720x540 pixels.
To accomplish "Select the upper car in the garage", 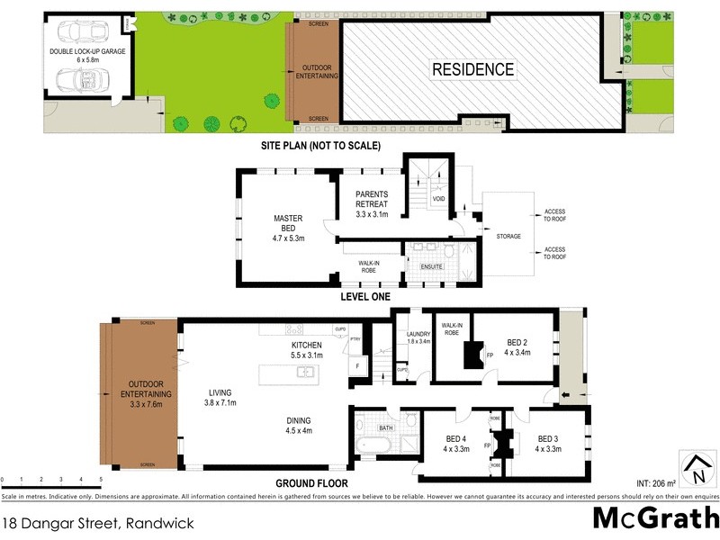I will point(83,31).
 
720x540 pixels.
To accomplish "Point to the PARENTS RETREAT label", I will point(372,204).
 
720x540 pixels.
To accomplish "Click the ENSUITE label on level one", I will point(420,266).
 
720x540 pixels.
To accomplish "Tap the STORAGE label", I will point(508,238).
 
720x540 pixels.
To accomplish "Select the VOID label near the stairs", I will point(438,199).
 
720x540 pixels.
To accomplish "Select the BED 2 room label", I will point(516,347).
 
